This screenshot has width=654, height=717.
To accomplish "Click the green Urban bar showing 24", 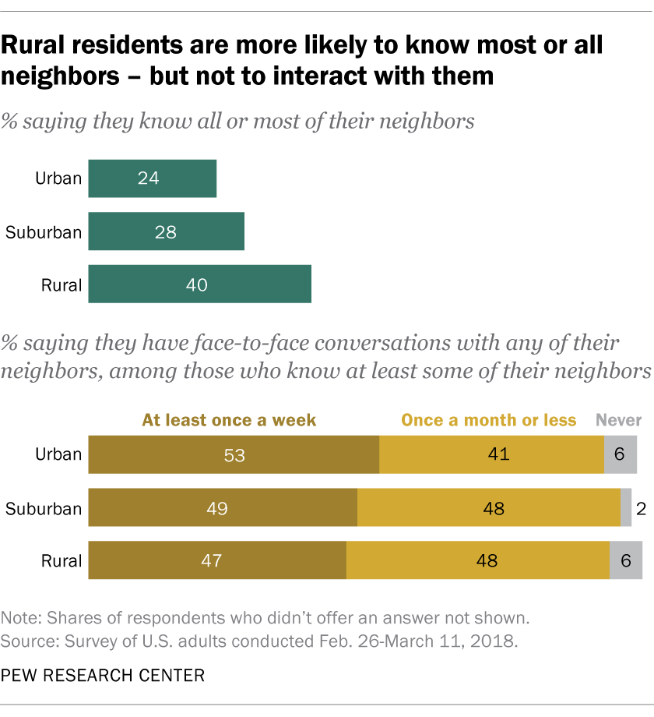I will coord(152,178).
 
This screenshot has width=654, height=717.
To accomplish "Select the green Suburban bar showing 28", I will coord(166,231).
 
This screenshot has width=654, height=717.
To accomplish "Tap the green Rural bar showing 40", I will coord(199,284).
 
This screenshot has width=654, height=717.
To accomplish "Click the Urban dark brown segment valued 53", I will coord(234,454).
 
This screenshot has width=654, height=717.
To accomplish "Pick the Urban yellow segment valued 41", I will coord(491,454).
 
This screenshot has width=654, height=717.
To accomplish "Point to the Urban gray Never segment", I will coord(621,454).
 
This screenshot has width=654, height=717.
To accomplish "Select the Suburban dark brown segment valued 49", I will coord(223,508).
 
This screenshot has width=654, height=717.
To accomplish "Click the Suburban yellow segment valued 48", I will coord(489,508).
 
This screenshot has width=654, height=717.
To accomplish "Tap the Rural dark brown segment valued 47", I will coord(217,560).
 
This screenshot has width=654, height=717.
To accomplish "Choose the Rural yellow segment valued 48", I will coord(478,560).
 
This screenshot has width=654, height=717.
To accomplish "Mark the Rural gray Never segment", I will coord(626,560).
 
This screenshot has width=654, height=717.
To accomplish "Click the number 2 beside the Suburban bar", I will coord(640,509).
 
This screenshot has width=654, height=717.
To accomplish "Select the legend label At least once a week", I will coord(229,420).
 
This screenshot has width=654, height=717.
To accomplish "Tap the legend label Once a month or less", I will coord(489,420).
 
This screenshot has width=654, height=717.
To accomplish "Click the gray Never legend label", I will coord(619,420).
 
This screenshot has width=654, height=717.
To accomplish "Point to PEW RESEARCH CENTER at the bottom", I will coord(103,676).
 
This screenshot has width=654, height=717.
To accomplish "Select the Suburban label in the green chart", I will coord(44,231).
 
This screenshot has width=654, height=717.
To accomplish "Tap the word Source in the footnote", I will coord(27,641).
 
